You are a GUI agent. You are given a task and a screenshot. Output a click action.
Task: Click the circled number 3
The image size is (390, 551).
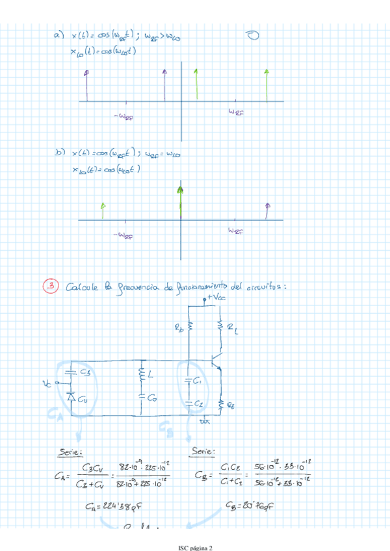click(50, 285)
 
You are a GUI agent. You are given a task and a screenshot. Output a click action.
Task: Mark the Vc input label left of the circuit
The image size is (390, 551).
click(46, 383)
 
